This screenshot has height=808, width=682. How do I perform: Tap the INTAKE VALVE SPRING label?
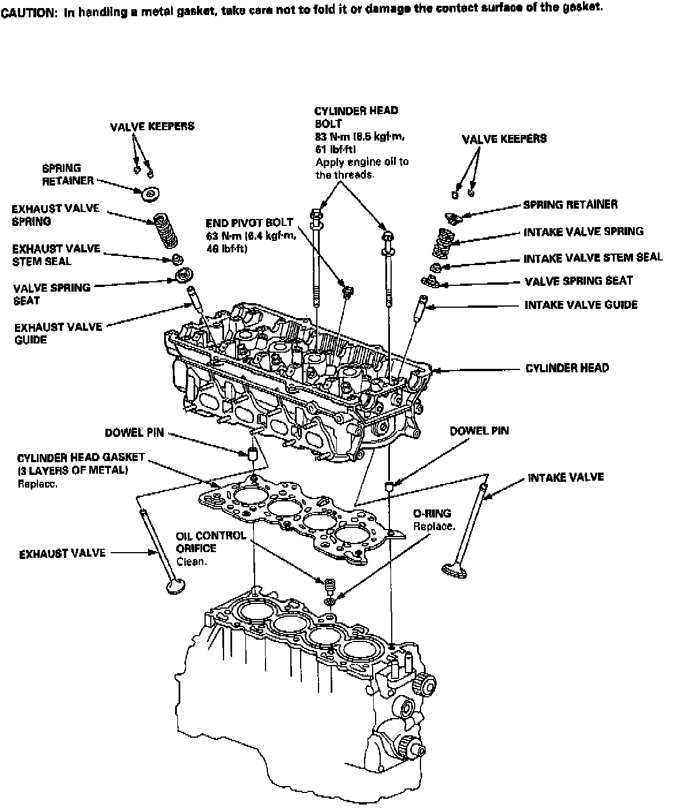[x=583, y=232]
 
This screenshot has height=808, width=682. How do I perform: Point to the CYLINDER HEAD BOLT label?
[x=356, y=117]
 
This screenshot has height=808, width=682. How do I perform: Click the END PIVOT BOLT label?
[x=249, y=222]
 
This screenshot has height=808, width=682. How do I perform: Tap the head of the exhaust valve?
[x=173, y=587]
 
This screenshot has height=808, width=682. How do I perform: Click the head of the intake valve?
[x=453, y=569]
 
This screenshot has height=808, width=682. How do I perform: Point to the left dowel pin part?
[x=252, y=452]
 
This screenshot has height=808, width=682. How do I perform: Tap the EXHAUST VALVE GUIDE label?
[x=58, y=333]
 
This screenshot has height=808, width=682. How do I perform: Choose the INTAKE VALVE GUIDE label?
[x=581, y=304]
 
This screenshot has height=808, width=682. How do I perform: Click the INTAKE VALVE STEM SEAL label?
[x=593, y=258]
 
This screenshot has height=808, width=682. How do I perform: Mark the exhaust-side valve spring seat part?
[x=183, y=274]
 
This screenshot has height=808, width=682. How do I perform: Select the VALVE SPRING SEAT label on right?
[x=578, y=281]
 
